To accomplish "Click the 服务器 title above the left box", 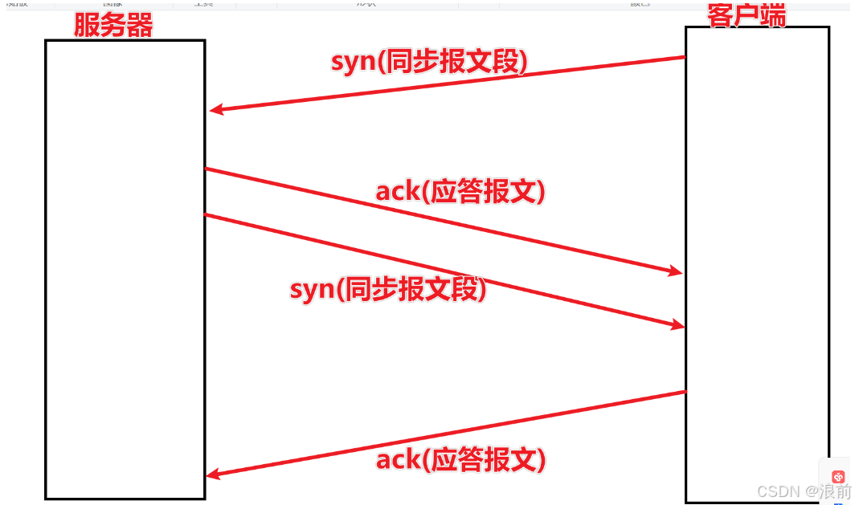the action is [113, 26].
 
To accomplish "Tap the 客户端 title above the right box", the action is [747, 14].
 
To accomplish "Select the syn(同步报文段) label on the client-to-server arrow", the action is [430, 62].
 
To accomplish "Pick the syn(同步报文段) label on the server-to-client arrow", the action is [388, 289].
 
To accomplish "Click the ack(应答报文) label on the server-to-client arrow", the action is [460, 191].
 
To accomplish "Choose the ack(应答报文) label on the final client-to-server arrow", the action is [460, 459].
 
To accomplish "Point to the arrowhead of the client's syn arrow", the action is [215, 110].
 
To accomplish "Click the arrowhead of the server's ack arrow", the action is [676, 271].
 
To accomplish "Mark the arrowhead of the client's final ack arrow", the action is [212, 475].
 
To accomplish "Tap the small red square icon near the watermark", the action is [838, 476].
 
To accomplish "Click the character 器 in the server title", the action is [139, 26].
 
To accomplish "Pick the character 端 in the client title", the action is [773, 14].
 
